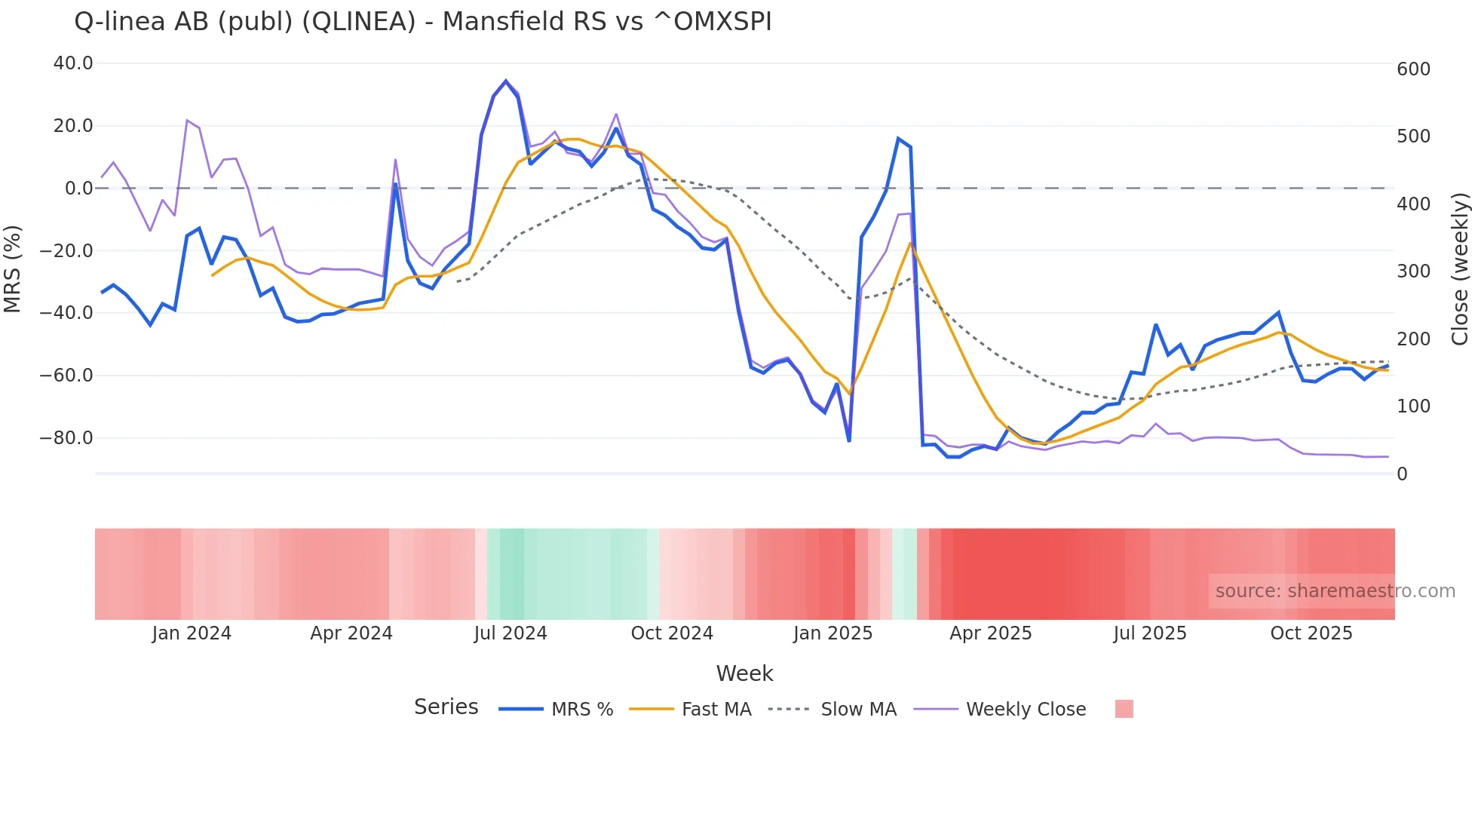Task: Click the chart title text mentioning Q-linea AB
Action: (422, 22)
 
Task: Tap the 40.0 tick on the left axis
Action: (73, 63)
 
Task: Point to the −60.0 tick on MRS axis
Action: (66, 375)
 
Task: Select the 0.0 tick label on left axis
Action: (78, 189)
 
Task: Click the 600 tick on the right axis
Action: (1413, 69)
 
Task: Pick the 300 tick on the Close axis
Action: (1413, 271)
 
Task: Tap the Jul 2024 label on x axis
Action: (511, 633)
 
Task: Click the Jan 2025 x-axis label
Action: (833, 633)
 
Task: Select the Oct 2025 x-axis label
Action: (1311, 633)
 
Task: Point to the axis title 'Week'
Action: (744, 673)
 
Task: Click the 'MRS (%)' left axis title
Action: (13, 268)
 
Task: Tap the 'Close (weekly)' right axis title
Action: (1461, 269)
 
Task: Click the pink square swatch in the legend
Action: (1124, 709)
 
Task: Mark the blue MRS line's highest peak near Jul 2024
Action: (506, 81)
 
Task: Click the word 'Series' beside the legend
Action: (446, 707)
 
